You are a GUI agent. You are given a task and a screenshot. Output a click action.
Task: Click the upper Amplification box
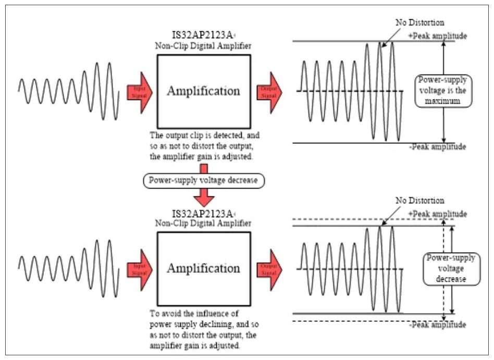pyautogui.click(x=203, y=91)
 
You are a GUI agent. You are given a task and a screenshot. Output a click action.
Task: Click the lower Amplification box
pyautogui.click(x=203, y=268)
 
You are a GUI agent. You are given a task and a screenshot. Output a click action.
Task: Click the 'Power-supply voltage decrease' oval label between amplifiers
pyautogui.click(x=203, y=181)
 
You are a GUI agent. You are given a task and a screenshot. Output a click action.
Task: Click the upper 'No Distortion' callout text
pyautogui.click(x=419, y=23)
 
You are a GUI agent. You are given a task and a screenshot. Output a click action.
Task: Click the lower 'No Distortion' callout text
pyautogui.click(x=419, y=201)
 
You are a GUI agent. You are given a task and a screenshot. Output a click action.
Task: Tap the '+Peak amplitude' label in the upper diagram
pyautogui.click(x=438, y=36)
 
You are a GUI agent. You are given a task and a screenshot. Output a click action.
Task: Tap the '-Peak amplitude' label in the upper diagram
pyautogui.click(x=438, y=147)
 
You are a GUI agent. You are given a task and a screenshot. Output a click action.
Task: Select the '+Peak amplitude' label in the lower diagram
pyautogui.click(x=438, y=214)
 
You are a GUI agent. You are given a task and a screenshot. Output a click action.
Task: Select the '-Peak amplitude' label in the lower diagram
pyautogui.click(x=438, y=325)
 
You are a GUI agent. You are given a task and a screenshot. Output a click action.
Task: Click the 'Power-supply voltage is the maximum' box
pyautogui.click(x=442, y=91)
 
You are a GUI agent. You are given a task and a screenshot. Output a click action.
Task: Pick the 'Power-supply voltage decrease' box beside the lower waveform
pyautogui.click(x=451, y=269)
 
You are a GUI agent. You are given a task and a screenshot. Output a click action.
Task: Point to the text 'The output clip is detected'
pyautogui.click(x=204, y=135)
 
